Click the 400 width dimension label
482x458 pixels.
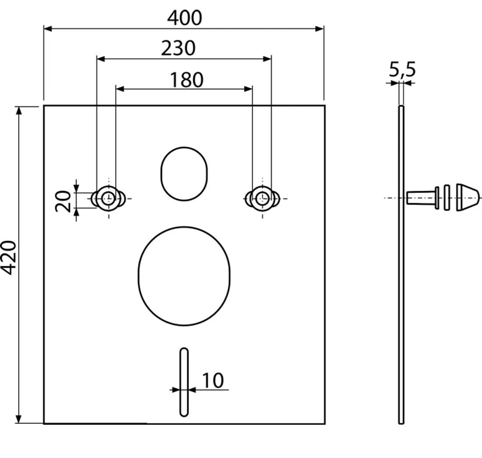point(184,18)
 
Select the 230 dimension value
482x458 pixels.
point(178,48)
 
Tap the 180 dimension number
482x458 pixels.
point(187,80)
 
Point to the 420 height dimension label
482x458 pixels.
point(8,257)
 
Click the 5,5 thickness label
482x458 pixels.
point(402,70)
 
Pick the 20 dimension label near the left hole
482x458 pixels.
point(63,201)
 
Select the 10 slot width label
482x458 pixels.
point(213,381)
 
